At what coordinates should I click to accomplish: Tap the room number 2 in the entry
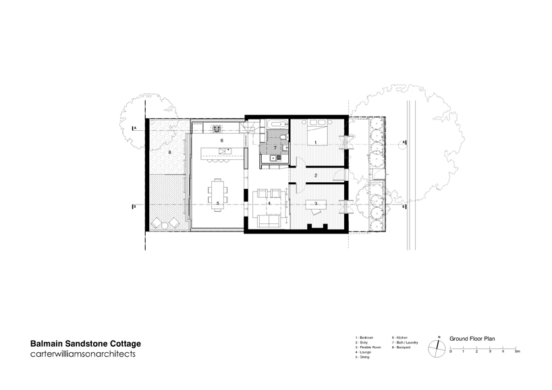316,175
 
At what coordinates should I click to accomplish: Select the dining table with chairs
218,194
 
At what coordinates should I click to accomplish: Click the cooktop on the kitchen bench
218,128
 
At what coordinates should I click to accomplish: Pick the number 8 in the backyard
169,153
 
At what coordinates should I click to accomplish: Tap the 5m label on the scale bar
517,352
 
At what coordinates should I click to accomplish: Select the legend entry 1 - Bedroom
365,337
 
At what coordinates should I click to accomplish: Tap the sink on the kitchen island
229,149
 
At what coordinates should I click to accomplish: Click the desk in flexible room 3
314,204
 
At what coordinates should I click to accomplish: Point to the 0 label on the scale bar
450,352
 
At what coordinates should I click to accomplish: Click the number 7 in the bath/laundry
275,147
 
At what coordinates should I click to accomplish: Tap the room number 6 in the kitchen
221,140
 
